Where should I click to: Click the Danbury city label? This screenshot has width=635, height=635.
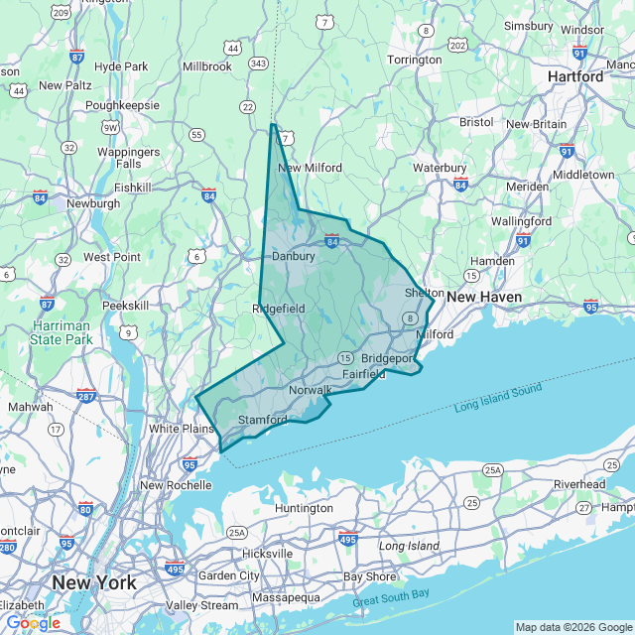[293, 256]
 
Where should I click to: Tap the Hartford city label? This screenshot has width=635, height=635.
[575, 76]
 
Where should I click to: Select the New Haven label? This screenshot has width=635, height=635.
[483, 297]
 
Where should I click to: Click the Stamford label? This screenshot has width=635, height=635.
[263, 420]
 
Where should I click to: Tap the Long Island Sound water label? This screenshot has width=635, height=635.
[498, 397]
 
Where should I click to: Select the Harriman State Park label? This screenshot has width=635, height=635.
[61, 332]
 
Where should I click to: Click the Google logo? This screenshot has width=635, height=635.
[33, 623]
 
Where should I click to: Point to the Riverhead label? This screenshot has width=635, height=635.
[579, 484]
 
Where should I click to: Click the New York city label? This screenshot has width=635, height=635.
[94, 582]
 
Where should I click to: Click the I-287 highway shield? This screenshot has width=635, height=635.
[86, 396]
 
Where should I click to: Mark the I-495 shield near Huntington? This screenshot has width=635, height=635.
[347, 539]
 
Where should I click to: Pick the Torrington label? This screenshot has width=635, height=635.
[414, 60]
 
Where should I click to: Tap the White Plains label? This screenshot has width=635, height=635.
[182, 429]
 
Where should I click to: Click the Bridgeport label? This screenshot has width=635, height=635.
[387, 357]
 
